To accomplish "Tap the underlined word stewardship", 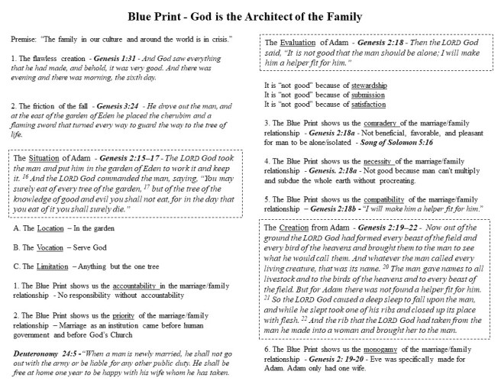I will [364, 85].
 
